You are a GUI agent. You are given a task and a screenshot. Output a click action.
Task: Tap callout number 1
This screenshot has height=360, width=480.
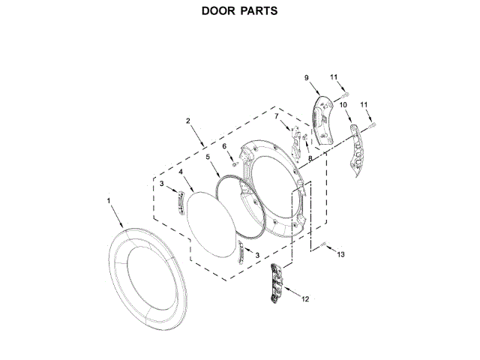pyautogui.click(x=109, y=201)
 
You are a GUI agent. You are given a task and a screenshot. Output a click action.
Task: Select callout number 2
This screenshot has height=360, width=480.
pyautogui.click(x=187, y=121)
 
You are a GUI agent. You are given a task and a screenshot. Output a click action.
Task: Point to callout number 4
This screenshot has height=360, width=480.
pyautogui.click(x=181, y=172)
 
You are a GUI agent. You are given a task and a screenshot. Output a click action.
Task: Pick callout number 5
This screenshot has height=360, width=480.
pyautogui.click(x=207, y=157)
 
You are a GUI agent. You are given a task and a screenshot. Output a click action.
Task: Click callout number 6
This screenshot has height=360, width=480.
pyautogui.click(x=223, y=146)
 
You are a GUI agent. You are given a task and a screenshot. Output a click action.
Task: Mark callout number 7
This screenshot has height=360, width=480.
pyautogui.click(x=276, y=116)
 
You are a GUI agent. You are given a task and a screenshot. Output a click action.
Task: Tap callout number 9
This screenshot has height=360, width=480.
pyautogui.click(x=307, y=78)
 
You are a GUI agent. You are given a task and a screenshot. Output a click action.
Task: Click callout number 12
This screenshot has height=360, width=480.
pyautogui.click(x=305, y=298)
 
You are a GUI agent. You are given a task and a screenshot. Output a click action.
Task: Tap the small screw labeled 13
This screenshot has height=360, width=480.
pyautogui.click(x=323, y=245)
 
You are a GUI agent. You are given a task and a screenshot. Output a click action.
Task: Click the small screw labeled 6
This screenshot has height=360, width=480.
pyautogui.click(x=235, y=163)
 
